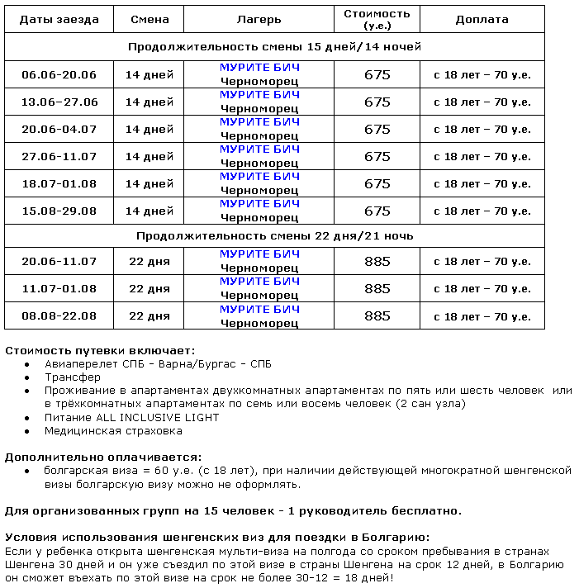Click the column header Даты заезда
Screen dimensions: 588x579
tap(59, 19)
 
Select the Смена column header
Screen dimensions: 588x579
tap(149, 19)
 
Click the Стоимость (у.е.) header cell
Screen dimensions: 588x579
tap(377, 19)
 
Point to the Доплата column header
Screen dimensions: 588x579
tap(482, 19)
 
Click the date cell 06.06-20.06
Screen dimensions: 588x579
tap(59, 74)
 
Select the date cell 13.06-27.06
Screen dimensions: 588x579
tap(59, 102)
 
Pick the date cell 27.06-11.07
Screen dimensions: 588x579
tap(59, 156)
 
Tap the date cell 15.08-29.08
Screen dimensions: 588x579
tap(59, 211)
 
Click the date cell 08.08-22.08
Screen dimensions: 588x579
tap(59, 315)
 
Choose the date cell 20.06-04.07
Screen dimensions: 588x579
tap(59, 129)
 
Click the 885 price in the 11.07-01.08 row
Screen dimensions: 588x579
tap(377, 288)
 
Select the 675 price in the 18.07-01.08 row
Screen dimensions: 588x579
tap(377, 183)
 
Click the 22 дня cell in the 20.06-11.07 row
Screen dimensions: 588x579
tap(149, 261)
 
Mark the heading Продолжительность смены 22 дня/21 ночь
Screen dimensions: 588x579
tap(274, 235)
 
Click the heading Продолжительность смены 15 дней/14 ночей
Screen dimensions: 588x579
tap(274, 46)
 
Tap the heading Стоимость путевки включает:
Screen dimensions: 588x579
tap(100, 350)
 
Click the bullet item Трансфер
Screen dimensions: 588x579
tap(73, 377)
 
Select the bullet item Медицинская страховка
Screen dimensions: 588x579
tap(113, 430)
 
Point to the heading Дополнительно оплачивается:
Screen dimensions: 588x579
tap(103, 457)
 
